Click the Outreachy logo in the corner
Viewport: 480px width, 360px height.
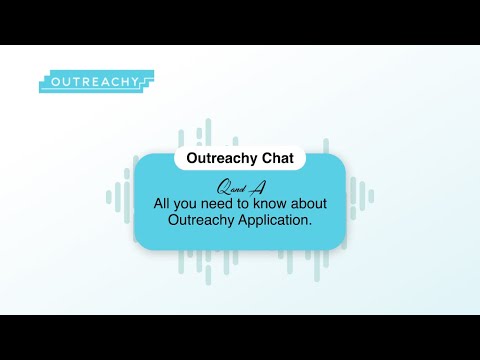(95, 81)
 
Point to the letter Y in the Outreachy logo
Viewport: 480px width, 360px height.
(136, 82)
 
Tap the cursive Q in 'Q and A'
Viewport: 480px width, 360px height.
(222, 187)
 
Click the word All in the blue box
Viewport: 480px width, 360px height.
(163, 202)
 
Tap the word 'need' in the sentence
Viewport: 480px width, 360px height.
(225, 202)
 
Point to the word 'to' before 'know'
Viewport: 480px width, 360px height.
(254, 202)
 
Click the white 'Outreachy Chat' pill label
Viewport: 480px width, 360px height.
(239, 159)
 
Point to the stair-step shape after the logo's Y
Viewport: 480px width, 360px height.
(148, 80)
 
